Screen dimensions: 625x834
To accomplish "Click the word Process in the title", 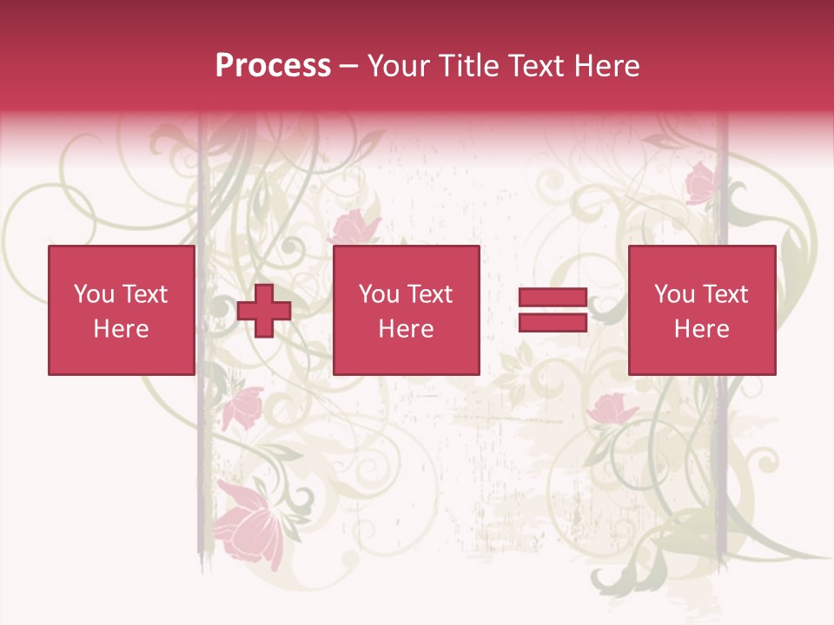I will coord(273,66).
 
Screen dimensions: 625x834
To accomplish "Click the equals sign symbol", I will coord(553,310).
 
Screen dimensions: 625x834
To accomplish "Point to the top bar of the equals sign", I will coord(553,298).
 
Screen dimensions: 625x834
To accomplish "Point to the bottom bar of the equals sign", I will coord(553,322).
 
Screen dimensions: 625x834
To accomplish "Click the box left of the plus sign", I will coord(122,310).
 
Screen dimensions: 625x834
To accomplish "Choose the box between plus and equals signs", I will coord(407,310).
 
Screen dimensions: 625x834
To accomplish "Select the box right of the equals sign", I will coord(702,310).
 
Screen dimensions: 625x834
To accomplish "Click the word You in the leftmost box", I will coord(94,294).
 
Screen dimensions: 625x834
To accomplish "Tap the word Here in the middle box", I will coord(407,329).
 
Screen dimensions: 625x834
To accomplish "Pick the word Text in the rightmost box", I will coord(725,294).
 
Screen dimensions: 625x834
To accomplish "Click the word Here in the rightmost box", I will coord(702,329).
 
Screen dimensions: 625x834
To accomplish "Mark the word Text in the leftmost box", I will coord(144,294).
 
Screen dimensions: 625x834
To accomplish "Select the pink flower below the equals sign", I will coord(612,408).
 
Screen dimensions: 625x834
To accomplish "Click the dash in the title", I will coord(349,66).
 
